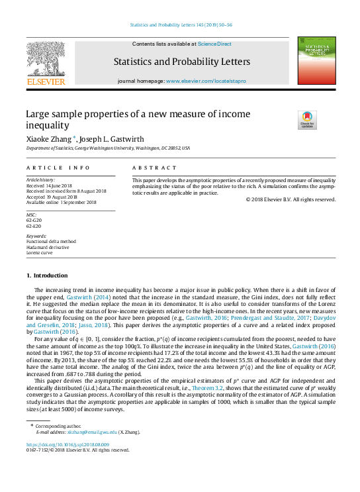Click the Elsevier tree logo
click(46, 61)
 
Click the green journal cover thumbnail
click(316, 61)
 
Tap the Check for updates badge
click(308, 119)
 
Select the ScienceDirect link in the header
click(216, 44)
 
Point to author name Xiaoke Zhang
click(50, 140)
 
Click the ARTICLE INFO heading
click(58, 168)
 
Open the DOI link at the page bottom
click(67, 444)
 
